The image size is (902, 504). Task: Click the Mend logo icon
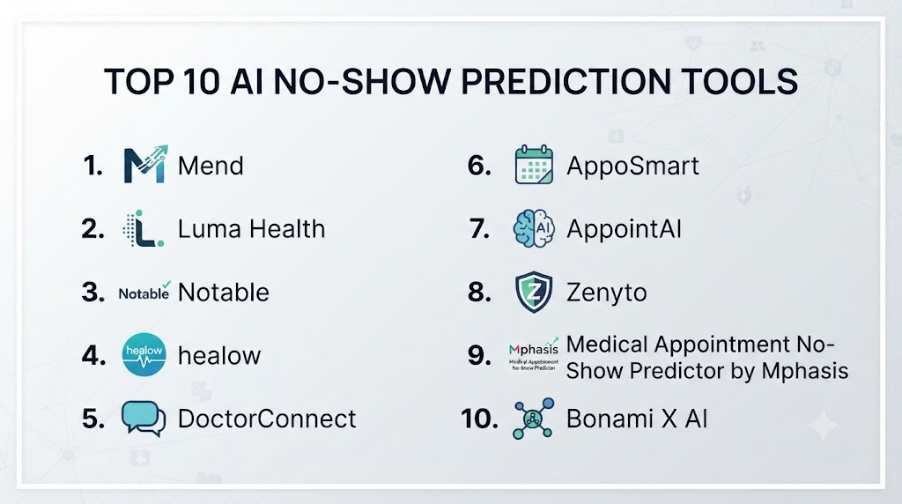(145, 164)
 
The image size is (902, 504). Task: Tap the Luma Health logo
(144, 228)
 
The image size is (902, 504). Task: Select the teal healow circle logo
(144, 354)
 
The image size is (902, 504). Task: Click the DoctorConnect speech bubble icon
(144, 419)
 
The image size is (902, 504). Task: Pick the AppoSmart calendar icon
(534, 165)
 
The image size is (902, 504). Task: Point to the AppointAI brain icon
(534, 228)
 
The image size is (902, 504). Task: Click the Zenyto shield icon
(534, 292)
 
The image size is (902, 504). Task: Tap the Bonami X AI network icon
(533, 419)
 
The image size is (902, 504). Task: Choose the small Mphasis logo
(533, 354)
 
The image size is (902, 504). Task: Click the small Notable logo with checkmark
(144, 292)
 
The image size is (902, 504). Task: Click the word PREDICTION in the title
(566, 81)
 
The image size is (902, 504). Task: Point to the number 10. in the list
(479, 419)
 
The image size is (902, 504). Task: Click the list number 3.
(93, 293)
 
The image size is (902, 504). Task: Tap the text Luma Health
(251, 229)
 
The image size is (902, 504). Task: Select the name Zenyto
(606, 293)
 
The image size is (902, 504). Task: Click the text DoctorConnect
(267, 419)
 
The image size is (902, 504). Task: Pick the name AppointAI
(624, 229)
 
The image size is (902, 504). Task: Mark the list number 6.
(480, 166)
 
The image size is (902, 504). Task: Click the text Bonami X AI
(637, 419)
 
